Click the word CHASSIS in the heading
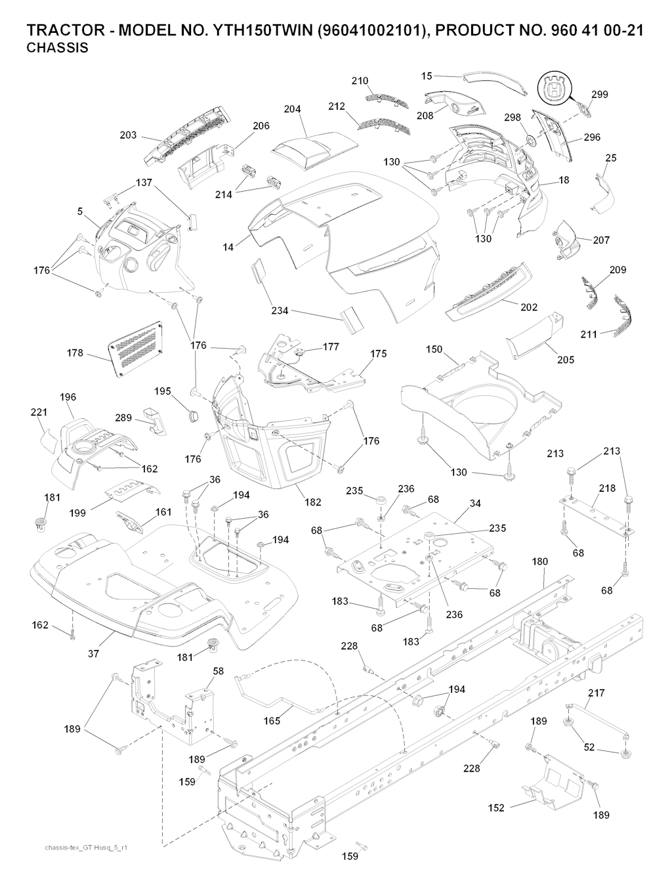coord(57,49)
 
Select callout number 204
coord(293,110)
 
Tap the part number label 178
coord(75,353)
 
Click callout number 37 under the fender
coord(94,654)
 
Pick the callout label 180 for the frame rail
coord(539,562)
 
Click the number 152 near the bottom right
coord(496,808)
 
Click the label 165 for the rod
coord(272,721)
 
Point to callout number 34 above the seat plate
coord(475,504)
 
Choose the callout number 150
coord(434,349)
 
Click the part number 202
coord(528,307)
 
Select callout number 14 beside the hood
coord(228,247)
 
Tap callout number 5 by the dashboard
coord(80,211)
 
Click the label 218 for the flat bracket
coord(607,488)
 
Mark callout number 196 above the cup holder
coord(68,397)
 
